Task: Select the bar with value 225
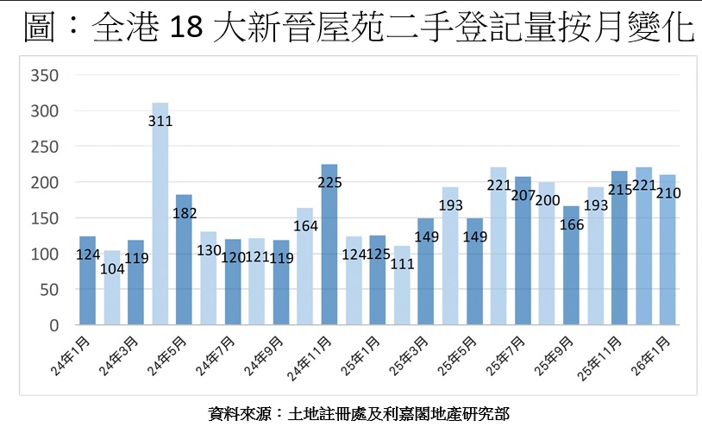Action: click(329, 250)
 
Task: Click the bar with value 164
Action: click(305, 276)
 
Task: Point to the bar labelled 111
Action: click(402, 293)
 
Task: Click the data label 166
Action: click(572, 223)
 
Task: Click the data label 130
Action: click(208, 249)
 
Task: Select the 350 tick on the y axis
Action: click(43, 76)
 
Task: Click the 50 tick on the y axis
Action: click(47, 291)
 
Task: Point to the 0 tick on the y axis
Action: click(53, 326)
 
